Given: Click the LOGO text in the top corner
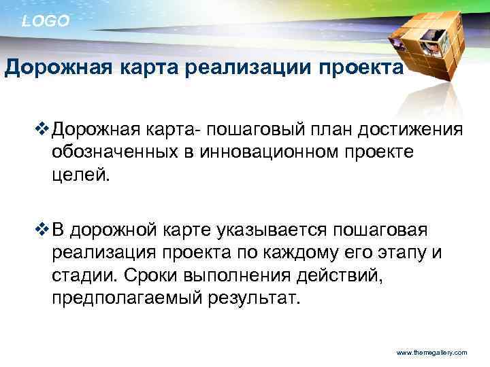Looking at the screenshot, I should click(46, 22).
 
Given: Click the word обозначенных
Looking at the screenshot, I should click(114, 152).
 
